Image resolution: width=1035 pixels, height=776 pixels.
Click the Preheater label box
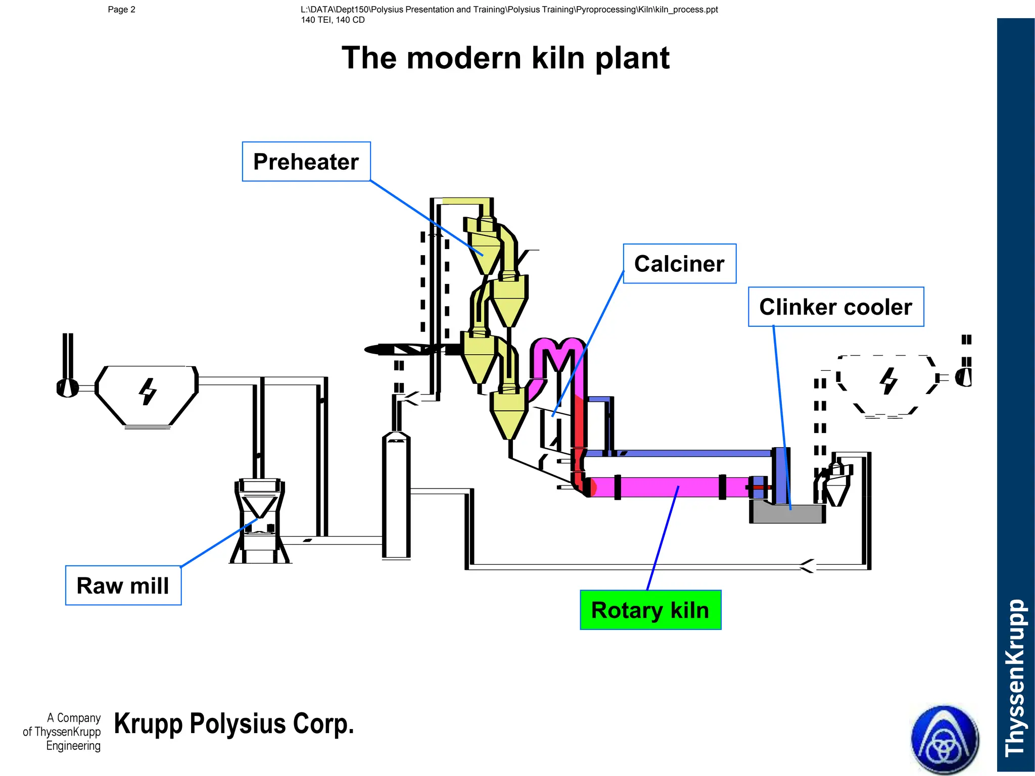[x=306, y=162]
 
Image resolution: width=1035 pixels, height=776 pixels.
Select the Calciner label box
[x=679, y=264]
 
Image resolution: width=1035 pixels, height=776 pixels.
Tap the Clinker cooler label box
[x=835, y=307]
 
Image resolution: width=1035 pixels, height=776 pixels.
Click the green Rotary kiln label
[x=650, y=610]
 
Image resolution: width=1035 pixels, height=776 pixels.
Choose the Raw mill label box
[x=123, y=586]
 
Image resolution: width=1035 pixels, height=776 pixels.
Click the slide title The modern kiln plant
[x=505, y=58]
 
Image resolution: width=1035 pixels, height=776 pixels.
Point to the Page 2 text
[x=121, y=10]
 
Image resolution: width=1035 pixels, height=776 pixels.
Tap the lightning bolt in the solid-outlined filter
[x=148, y=392]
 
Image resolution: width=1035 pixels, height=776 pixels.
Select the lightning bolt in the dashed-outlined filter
[x=888, y=381]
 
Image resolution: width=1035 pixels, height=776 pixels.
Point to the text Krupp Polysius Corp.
[x=234, y=723]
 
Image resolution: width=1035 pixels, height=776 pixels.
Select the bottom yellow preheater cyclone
[x=509, y=414]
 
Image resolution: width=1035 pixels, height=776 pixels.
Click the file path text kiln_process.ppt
[x=509, y=10]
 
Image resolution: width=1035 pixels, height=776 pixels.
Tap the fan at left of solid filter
[x=67, y=388]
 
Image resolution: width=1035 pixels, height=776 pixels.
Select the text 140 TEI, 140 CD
[x=333, y=20]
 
